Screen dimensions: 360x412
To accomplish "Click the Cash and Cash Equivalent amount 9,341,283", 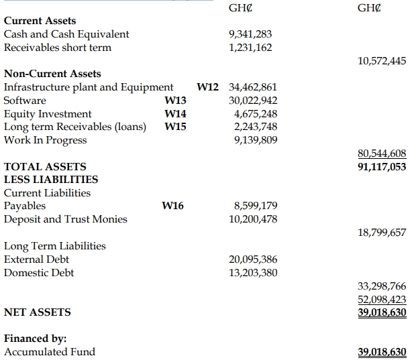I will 250,34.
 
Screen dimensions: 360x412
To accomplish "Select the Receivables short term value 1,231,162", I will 250,48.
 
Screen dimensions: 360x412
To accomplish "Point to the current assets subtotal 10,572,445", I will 382,61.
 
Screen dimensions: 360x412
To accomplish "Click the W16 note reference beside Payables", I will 173,206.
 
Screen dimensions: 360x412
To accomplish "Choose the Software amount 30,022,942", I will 252,101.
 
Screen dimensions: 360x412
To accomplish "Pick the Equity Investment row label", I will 48,114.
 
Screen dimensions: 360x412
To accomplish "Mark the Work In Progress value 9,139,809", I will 254,140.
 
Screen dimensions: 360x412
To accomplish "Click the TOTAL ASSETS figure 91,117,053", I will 382,166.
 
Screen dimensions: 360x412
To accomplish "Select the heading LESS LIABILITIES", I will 51,180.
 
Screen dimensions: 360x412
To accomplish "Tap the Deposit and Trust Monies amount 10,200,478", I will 252,219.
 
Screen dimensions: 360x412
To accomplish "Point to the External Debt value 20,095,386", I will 253,259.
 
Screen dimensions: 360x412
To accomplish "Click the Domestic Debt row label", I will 39,273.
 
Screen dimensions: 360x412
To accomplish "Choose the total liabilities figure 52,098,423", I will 382,299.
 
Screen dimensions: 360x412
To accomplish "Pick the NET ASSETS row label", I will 38,312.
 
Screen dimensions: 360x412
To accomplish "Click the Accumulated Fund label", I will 50,352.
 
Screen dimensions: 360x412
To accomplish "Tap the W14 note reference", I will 175,114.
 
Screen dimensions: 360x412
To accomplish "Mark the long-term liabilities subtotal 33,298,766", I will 382,286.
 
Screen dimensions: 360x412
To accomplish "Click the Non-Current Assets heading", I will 52,74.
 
